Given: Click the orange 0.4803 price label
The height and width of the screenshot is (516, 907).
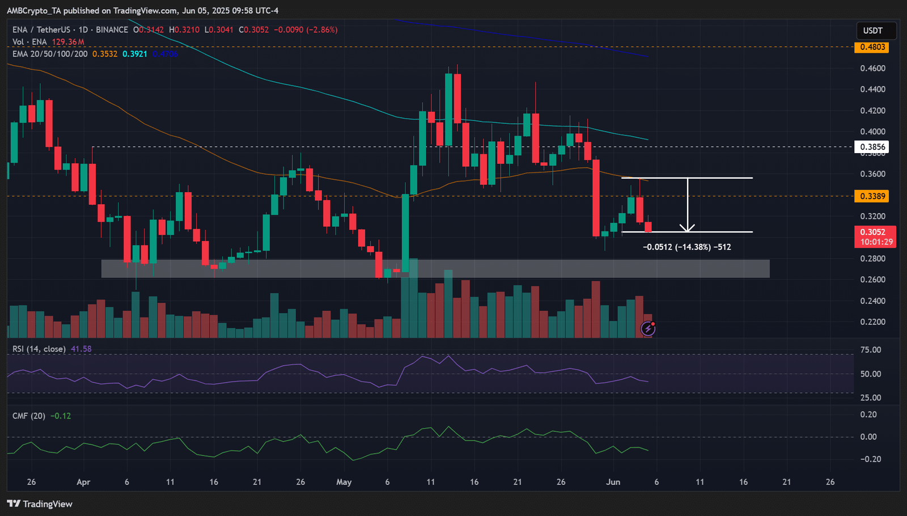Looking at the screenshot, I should click(872, 47).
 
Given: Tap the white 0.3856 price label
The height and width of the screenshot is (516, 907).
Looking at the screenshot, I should click(872, 147).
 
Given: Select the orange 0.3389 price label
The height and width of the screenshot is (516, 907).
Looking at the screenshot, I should click(872, 196).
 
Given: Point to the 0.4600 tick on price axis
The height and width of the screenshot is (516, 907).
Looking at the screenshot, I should click(872, 69).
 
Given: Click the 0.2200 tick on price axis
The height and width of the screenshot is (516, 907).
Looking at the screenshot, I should click(872, 322).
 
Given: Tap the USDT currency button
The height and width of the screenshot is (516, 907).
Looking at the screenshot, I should click(872, 31).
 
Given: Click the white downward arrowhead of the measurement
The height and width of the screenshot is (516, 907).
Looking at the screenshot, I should click(688, 229).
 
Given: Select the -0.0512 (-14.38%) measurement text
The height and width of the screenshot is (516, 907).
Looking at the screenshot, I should click(686, 247).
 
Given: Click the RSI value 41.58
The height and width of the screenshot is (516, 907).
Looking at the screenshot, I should click(81, 349).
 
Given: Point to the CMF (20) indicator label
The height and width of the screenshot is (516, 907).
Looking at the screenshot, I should click(29, 416).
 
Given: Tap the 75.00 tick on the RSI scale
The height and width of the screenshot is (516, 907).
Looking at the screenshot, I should click(871, 350).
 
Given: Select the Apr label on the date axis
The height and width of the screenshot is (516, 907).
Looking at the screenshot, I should click(83, 482).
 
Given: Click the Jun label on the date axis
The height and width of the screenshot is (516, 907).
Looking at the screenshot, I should click(613, 482).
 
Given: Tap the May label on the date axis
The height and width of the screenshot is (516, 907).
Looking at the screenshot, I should click(344, 482).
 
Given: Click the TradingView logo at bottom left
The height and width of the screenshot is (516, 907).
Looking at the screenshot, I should click(40, 504).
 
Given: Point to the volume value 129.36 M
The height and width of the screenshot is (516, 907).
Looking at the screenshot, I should click(68, 42).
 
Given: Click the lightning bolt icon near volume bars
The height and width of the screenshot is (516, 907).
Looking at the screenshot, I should click(648, 328).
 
